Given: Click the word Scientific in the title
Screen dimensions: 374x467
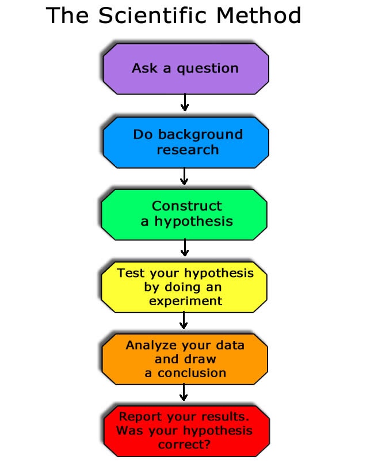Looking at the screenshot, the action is [x=152, y=16].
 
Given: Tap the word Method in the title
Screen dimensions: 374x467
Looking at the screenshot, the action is [x=258, y=16].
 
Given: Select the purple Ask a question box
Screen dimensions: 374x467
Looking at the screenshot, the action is [x=186, y=69].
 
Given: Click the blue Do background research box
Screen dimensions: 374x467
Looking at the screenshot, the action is [x=186, y=142].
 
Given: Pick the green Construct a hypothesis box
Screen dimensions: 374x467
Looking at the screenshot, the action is [x=184, y=214].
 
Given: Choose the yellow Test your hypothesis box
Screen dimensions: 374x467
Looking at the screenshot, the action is [x=184, y=287].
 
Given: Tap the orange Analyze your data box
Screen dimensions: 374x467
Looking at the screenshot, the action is [x=185, y=359].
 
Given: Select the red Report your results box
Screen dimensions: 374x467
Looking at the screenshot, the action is [x=186, y=431].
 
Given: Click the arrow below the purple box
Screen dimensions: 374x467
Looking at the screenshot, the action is [x=185, y=102].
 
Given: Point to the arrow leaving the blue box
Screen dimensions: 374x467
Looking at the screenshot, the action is [x=184, y=176].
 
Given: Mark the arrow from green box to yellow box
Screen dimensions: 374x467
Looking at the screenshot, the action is [x=185, y=248].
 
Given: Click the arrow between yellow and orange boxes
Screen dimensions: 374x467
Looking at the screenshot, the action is [x=184, y=320].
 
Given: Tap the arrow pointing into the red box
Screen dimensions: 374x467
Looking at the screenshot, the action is [x=184, y=392].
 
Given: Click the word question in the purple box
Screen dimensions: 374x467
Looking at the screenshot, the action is [x=208, y=69].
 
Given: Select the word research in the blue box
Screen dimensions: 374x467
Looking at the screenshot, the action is [x=188, y=150].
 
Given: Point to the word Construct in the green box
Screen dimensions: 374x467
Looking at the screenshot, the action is [x=187, y=206].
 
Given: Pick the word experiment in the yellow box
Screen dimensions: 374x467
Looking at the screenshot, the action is [x=185, y=301].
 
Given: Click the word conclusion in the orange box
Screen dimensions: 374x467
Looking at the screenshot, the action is [x=192, y=373].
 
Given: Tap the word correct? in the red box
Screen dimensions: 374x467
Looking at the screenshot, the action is [x=184, y=445].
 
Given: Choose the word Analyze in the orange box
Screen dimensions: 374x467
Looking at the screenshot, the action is [x=151, y=345].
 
